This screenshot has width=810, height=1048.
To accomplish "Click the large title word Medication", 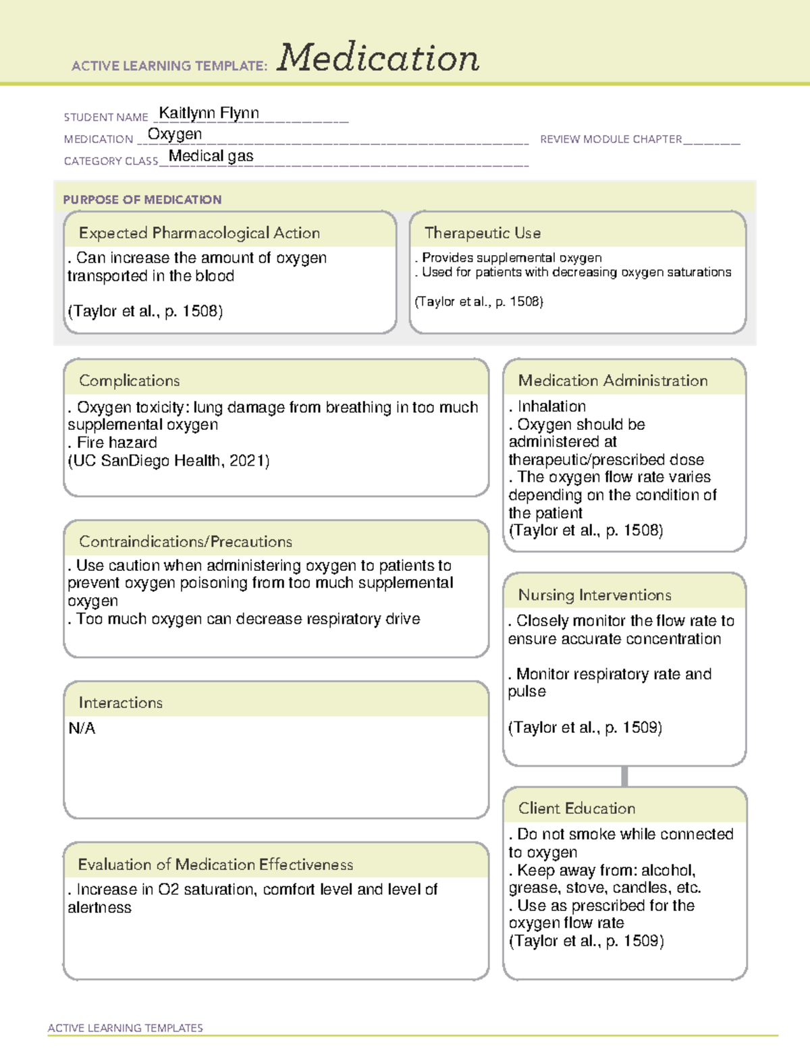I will [x=378, y=58].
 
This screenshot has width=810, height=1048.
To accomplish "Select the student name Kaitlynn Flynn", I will [x=209, y=113].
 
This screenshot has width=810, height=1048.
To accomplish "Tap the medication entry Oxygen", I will [x=175, y=134].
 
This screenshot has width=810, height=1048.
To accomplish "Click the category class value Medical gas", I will [x=211, y=156].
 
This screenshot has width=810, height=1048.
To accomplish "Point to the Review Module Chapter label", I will [x=611, y=139].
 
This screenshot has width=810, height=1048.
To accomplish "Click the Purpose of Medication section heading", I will [x=142, y=200].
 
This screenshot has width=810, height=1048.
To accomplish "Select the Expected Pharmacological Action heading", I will [x=199, y=233].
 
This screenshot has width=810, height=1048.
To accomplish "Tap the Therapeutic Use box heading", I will [x=482, y=233].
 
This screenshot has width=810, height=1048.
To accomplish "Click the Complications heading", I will [x=129, y=381].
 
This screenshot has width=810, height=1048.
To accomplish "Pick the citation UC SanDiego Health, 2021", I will [x=169, y=461].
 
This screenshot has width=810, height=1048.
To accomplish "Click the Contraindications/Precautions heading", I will [x=186, y=541].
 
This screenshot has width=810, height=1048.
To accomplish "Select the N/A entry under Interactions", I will [x=82, y=728].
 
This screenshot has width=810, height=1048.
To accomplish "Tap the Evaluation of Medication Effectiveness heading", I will [x=215, y=864].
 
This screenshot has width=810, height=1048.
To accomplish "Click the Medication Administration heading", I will [x=613, y=381].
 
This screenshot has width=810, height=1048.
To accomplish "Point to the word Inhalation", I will [x=551, y=406].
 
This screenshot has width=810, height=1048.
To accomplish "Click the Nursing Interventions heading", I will [x=595, y=595].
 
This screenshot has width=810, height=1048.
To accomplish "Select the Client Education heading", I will [x=576, y=808].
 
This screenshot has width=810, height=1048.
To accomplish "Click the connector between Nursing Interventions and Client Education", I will [x=624, y=776].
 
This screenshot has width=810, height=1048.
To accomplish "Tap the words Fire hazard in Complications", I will [x=117, y=443].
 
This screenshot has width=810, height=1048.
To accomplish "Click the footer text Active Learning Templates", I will [x=126, y=1028].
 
